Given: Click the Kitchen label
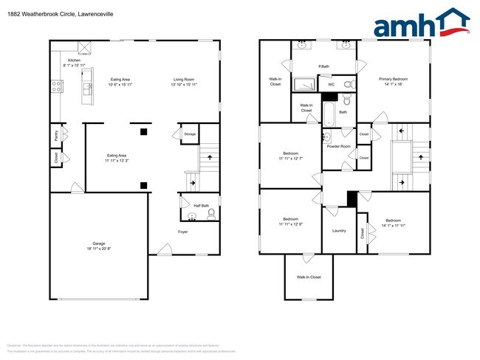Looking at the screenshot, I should (x=74, y=60).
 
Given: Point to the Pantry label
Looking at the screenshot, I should (x=56, y=135).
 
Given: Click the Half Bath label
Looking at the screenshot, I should (x=202, y=206).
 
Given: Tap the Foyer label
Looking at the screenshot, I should (x=182, y=232).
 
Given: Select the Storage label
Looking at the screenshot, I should (x=190, y=134).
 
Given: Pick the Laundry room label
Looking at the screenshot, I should (x=339, y=231).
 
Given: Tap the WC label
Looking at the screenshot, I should (x=331, y=85).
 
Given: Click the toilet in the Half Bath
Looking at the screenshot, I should (x=211, y=215).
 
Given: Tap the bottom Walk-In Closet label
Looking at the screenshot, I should (x=309, y=277).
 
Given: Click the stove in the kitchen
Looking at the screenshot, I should (x=55, y=87).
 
